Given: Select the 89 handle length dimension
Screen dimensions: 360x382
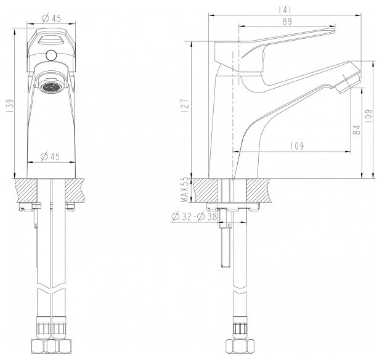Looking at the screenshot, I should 287,22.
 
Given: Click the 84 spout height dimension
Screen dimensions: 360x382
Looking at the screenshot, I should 356,130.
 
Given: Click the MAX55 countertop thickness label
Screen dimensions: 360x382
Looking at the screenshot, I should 183,189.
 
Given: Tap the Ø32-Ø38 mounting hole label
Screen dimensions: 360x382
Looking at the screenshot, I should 193,216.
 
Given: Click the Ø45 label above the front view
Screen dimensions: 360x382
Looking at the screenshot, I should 52,18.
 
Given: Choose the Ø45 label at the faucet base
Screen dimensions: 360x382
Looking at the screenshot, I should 52,157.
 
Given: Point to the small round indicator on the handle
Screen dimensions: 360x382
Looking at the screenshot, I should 52,57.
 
